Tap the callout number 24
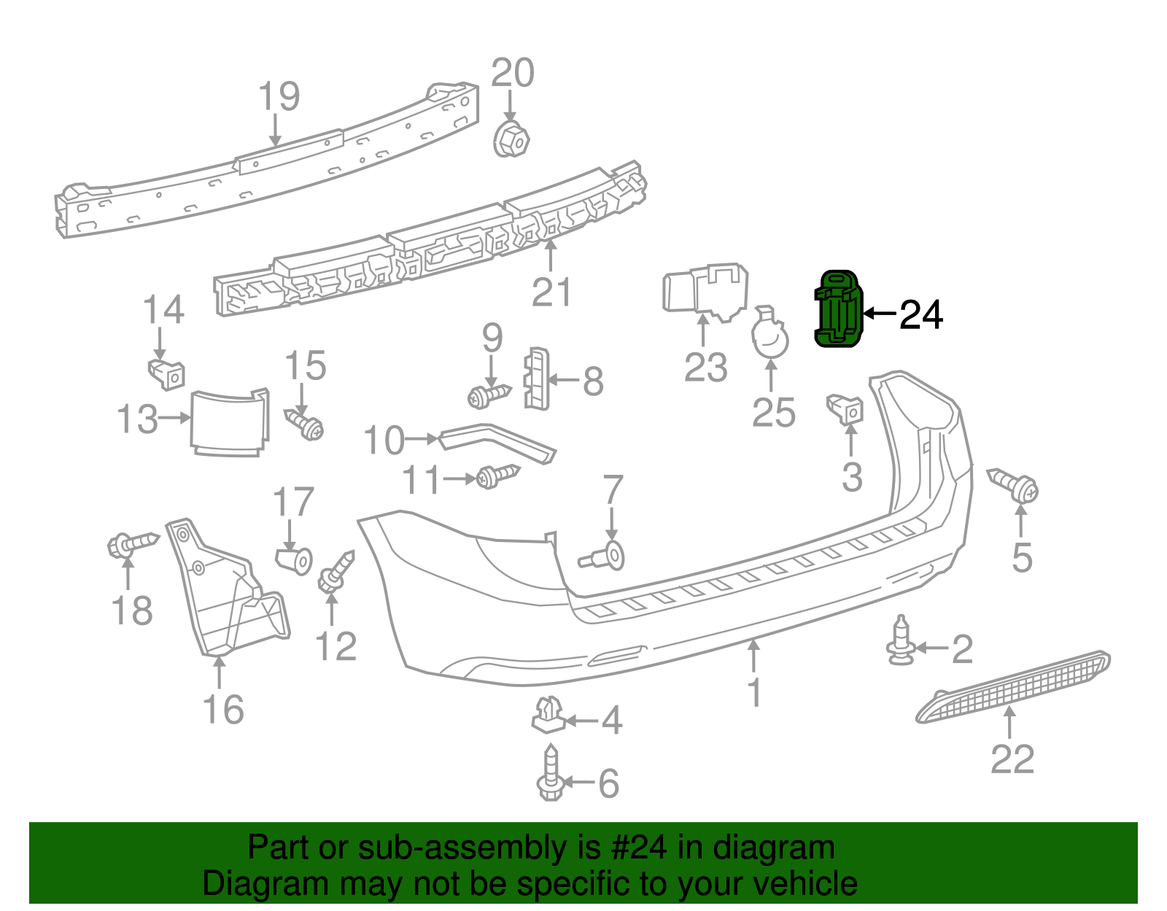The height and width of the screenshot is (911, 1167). [921, 315]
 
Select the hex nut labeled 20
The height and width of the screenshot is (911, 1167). [512, 139]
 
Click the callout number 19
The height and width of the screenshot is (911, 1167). [279, 97]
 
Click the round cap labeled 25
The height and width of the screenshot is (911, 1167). [770, 338]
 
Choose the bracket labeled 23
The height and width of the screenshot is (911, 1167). [705, 292]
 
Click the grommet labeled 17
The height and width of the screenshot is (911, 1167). [295, 560]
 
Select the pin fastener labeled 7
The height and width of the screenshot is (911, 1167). [605, 558]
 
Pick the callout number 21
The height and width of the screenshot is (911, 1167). [551, 292]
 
